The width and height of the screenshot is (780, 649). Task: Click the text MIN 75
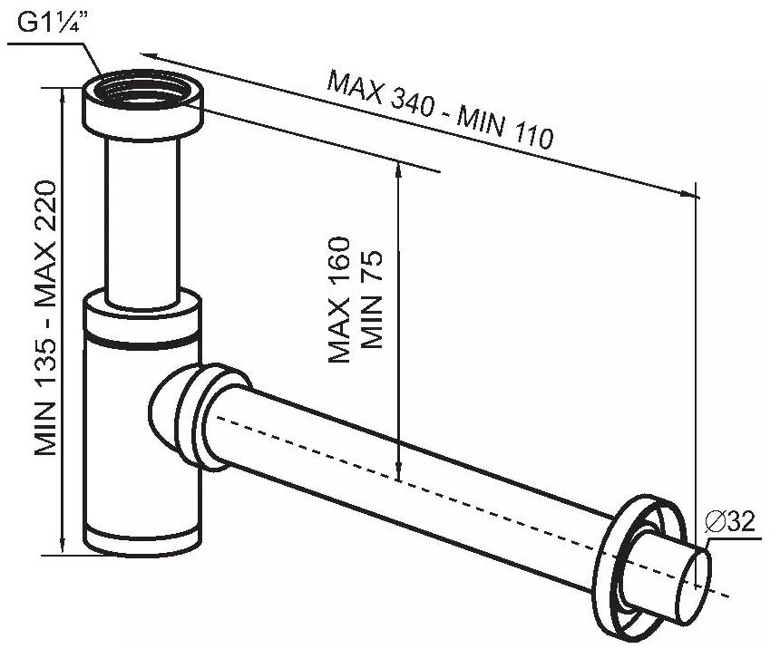click(371, 300)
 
